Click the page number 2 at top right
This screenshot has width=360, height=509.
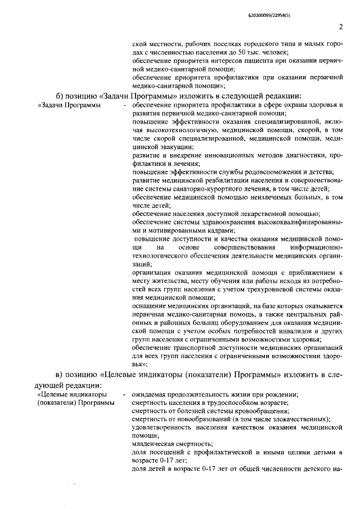pos(341,26)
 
